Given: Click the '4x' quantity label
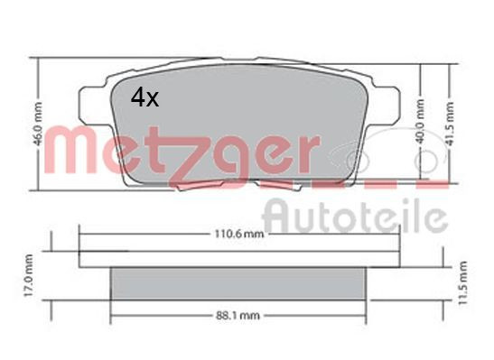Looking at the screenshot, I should tap(144, 97).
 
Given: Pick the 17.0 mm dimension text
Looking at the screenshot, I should tap(29, 282).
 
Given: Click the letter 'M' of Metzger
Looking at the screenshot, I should tap(71, 148).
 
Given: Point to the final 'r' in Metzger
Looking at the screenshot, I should tap(307, 153).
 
